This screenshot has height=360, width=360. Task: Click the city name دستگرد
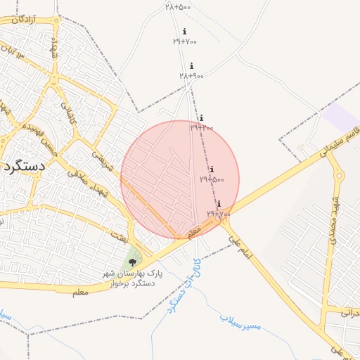(22, 167)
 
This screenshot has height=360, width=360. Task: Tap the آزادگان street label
(19, 21)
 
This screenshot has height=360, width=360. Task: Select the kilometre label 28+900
(191, 75)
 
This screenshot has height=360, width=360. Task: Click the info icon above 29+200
(201, 118)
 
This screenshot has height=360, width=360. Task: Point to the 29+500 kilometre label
(212, 179)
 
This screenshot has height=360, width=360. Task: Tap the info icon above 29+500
(212, 169)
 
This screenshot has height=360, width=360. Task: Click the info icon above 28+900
(191, 66)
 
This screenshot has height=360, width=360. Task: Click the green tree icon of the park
(132, 262)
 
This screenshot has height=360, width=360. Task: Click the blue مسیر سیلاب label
(240, 323)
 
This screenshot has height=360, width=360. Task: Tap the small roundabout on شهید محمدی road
(340, 176)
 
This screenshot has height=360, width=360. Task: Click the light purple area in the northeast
(341, 117)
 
